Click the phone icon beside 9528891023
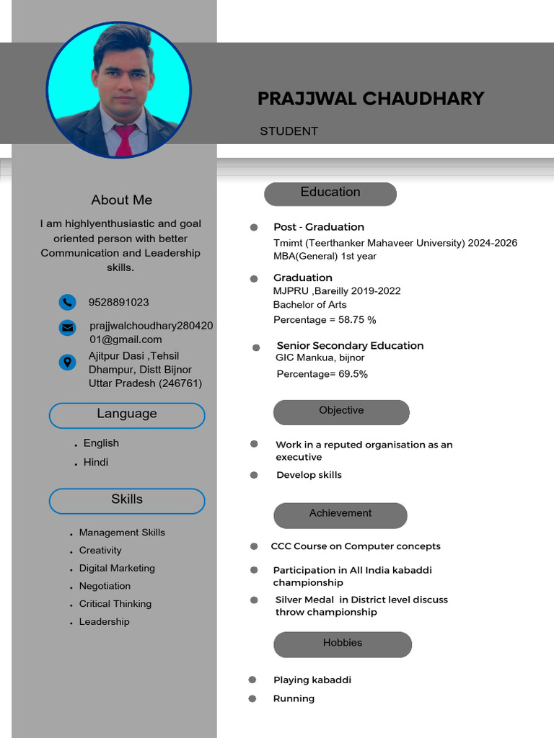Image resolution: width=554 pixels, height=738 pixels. [x=67, y=302]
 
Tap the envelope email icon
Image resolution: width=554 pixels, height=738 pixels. [x=67, y=327]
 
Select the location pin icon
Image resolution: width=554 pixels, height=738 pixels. [x=67, y=363]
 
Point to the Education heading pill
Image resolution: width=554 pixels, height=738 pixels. [x=330, y=193]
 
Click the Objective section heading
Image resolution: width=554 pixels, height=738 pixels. [x=341, y=412]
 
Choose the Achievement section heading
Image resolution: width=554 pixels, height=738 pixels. [x=340, y=515]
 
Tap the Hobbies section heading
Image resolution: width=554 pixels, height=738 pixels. [x=343, y=644]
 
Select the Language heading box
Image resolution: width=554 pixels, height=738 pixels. [x=127, y=415]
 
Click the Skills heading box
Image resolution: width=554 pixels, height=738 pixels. [x=127, y=500]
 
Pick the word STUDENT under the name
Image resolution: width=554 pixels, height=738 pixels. [x=289, y=131]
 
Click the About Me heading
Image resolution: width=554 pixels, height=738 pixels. [x=121, y=200]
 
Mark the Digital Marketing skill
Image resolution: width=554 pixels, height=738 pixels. [x=117, y=568]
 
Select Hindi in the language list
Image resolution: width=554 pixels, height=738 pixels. [x=96, y=462]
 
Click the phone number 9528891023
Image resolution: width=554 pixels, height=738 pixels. [x=118, y=302]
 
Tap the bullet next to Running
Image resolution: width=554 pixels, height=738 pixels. [x=252, y=698]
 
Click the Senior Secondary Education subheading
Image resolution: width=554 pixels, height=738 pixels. [x=350, y=345]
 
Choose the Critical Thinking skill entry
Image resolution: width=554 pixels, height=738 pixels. [x=115, y=604]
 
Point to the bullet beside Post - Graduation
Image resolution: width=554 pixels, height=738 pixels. [x=254, y=227]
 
